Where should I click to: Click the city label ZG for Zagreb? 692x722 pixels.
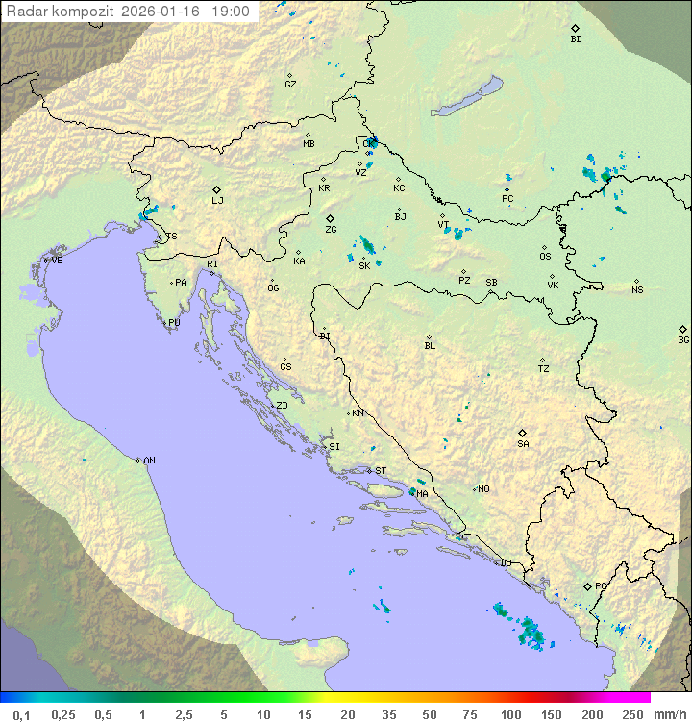point(331,231)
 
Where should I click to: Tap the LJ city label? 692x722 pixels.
point(217,201)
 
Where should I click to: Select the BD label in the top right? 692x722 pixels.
point(576,39)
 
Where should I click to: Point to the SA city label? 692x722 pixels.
point(523,444)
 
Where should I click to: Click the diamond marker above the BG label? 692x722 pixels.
point(682,329)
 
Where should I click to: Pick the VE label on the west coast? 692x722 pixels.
point(57,261)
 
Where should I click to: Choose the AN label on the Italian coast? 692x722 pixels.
point(149,461)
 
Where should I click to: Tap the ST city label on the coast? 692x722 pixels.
point(381,471)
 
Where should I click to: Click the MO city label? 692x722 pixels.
point(483,489)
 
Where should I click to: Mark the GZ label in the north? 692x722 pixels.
point(290,85)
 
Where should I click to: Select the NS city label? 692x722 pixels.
point(637,290)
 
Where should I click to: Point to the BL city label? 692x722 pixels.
point(430,346)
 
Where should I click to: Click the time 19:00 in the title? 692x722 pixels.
point(232,12)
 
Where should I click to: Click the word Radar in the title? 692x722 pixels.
point(26,12)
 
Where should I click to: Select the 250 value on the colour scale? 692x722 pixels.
point(632,714)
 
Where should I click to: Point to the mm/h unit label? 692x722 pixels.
point(669,714)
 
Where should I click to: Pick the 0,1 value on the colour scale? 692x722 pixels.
point(21,714)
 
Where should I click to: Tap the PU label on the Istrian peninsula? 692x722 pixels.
point(174,323)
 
